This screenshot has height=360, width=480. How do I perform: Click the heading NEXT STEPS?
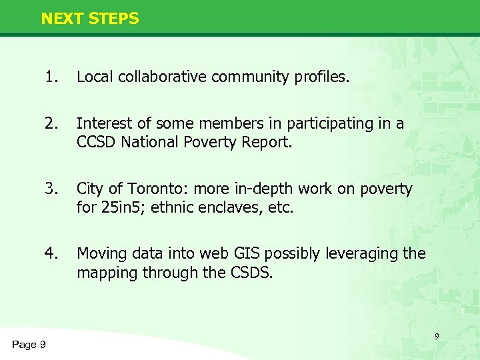tap(90, 19)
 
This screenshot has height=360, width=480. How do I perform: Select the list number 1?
tap(51, 77)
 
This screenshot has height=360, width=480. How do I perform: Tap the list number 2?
tap(51, 123)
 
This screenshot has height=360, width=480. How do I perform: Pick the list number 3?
tap(51, 189)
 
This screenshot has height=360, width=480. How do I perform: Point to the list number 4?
tap(51, 253)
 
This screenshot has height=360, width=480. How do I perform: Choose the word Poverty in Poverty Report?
tap(213, 142)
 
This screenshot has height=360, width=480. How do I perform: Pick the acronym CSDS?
tap(250, 272)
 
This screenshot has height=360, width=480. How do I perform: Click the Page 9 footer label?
tap(29, 344)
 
